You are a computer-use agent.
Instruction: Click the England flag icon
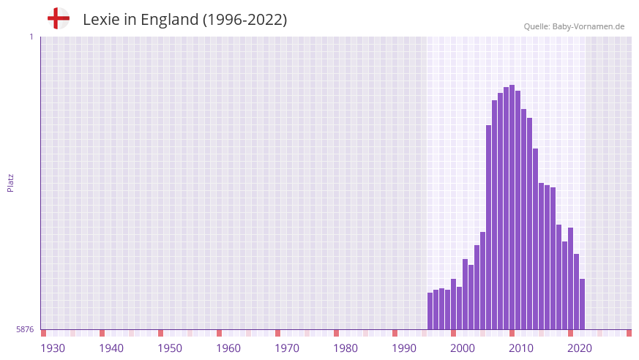pyautogui.click(x=58, y=19)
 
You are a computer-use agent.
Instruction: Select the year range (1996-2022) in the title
pyautogui.click(x=244, y=20)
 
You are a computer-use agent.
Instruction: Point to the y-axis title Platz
pyautogui.click(x=10, y=182)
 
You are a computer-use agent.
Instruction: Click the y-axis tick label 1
pyautogui.click(x=31, y=37)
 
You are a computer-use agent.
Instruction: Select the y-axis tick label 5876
pyautogui.click(x=25, y=329)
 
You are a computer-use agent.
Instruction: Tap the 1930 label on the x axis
pyautogui.click(x=53, y=348)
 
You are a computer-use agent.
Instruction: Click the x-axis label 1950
pyautogui.click(x=170, y=348)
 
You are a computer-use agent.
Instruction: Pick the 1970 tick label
pyautogui.click(x=287, y=348)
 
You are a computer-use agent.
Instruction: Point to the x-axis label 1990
pyautogui.click(x=404, y=348)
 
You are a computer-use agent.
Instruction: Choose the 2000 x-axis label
pyautogui.click(x=463, y=348)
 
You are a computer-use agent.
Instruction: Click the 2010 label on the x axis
pyautogui.click(x=521, y=348)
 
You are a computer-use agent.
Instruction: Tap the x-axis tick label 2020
pyautogui.click(x=580, y=348)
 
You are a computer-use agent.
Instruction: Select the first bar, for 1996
pyautogui.click(x=430, y=311)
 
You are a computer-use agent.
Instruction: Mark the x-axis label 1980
pyautogui.click(x=345, y=348)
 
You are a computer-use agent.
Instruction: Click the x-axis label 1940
pyautogui.click(x=111, y=348)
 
